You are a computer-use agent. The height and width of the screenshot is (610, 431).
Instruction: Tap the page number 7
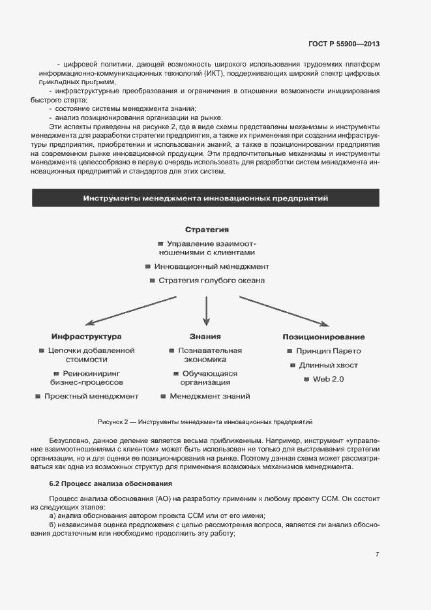click(377, 554)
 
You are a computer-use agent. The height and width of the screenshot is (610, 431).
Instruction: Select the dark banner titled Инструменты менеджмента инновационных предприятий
click(205, 198)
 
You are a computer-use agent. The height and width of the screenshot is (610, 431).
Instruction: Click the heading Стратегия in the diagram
click(206, 230)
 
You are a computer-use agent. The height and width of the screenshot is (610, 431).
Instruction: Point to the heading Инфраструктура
click(87, 337)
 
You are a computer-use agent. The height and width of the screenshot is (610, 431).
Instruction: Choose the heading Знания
click(205, 337)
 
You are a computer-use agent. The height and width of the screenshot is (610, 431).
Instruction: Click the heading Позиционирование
click(323, 337)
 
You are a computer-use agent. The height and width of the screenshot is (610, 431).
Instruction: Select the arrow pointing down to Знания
click(206, 312)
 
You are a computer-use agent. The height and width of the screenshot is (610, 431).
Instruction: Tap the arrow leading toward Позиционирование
click(284, 310)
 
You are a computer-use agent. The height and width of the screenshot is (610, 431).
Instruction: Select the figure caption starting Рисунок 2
click(205, 422)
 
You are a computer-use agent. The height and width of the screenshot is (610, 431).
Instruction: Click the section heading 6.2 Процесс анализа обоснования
click(110, 483)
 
